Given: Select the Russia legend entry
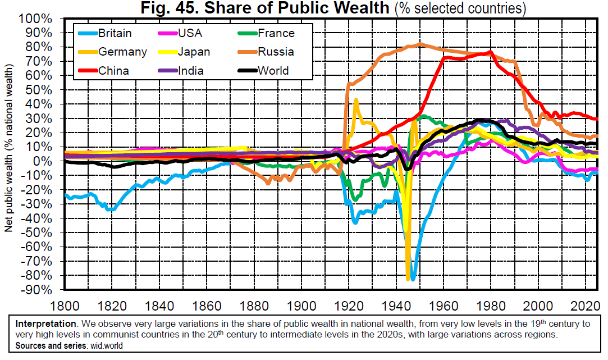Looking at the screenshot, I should point(276,52).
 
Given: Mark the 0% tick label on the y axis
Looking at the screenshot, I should point(43,161).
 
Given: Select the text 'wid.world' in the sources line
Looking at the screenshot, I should point(107,346).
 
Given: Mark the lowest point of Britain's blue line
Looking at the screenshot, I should point(413,279).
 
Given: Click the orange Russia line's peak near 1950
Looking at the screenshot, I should point(422,44).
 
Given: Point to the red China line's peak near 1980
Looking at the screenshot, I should point(491,52).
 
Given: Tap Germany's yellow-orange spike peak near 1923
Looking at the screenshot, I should point(356,99).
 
